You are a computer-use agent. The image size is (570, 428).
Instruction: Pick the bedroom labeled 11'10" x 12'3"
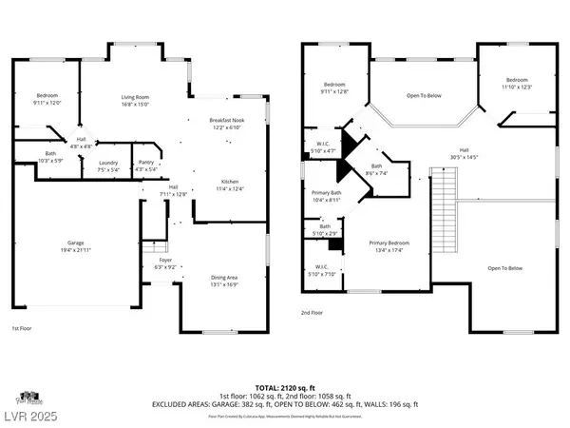pyautogui.click(x=516, y=83)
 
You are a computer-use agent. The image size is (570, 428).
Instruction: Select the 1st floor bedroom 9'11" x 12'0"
pyautogui.click(x=47, y=99)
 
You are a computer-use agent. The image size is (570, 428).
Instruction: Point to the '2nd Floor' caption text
pyautogui.click(x=312, y=311)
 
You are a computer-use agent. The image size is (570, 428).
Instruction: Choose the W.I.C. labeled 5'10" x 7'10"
pyautogui.click(x=315, y=269)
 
